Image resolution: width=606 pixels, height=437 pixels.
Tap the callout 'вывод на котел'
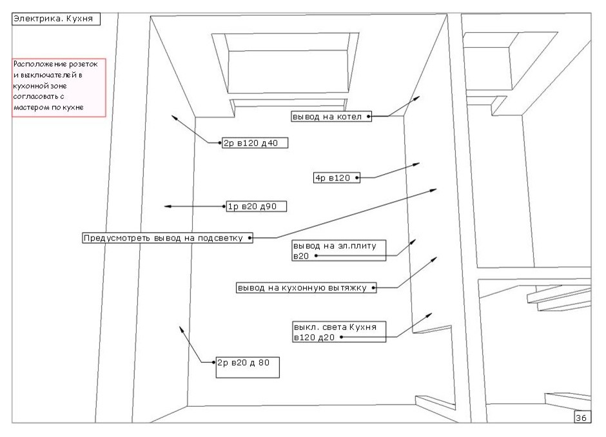click(x=331, y=117)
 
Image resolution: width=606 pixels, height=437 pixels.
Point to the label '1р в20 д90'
click(x=255, y=206)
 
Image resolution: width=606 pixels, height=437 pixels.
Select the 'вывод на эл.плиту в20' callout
click(x=338, y=251)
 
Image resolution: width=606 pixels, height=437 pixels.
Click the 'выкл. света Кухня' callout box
click(x=338, y=331)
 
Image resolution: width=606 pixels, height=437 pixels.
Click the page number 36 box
click(x=580, y=418)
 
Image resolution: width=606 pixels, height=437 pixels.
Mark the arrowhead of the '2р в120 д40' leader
click(x=173, y=116)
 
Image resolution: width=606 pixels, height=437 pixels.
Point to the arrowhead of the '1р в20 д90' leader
click(x=167, y=206)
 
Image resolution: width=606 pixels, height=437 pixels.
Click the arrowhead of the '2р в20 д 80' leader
click(x=182, y=328)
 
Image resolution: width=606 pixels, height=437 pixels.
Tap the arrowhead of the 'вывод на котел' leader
click(x=418, y=97)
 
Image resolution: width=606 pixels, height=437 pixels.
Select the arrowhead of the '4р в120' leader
click(x=419, y=164)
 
